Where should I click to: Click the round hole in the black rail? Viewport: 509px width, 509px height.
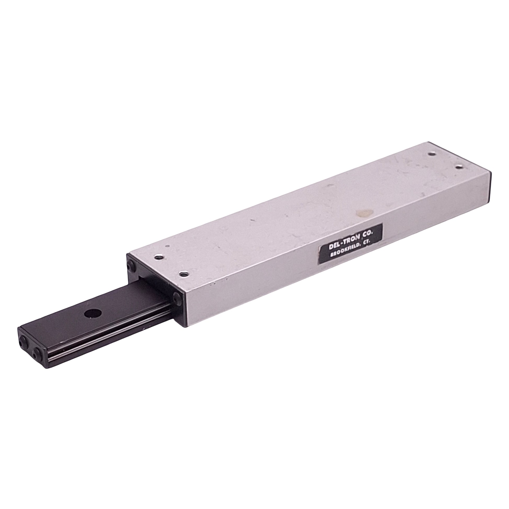coord(93,314)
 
